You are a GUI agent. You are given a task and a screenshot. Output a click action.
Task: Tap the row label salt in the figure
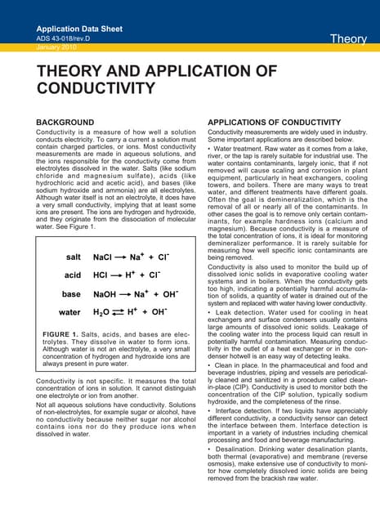coord(73,257)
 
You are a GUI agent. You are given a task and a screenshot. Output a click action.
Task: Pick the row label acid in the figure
coord(73,275)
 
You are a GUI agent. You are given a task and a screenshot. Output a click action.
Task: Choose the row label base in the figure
coord(72,293)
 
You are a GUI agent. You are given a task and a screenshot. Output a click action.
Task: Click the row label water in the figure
coord(69,311)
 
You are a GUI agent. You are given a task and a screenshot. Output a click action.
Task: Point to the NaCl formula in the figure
coord(102,257)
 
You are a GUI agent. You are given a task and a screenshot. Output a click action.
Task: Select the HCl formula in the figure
coord(100,275)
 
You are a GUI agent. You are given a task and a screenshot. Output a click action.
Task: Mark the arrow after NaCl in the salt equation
coord(126,257)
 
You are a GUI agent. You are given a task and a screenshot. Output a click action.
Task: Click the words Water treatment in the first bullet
coord(239,149)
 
